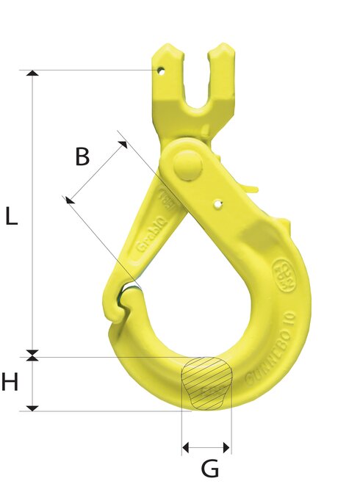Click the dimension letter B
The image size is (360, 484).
tap(82, 156)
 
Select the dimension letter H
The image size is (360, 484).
tap(10, 382)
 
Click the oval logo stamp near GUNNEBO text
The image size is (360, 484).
tap(280, 267)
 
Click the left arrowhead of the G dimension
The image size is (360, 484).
tap(186, 447)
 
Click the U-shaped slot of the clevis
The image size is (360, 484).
tap(193, 84)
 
